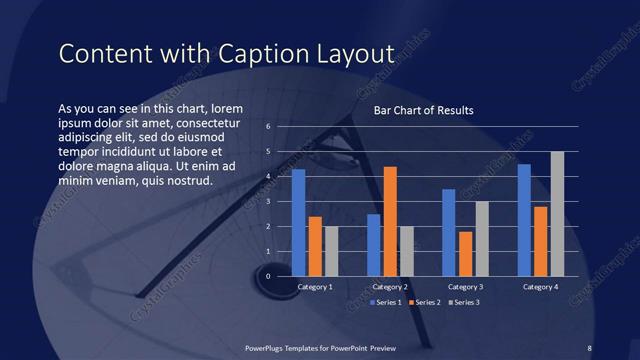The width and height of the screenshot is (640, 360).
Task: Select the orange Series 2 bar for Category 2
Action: click(390, 221)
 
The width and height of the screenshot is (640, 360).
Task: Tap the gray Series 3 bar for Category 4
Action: click(557, 213)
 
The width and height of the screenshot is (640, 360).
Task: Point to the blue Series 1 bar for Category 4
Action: click(524, 219)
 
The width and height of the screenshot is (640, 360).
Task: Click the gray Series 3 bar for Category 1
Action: click(331, 251)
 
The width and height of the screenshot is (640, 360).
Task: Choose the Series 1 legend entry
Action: click(388, 301)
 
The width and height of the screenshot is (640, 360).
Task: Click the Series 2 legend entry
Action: click(425, 301)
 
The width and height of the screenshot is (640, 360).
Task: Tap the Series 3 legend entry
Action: click(463, 301)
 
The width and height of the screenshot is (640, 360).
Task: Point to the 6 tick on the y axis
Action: click(269, 127)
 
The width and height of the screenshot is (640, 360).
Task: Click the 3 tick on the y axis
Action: click(269, 201)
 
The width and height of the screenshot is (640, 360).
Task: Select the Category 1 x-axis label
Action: click(315, 287)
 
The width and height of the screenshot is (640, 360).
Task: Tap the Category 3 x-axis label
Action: click(465, 287)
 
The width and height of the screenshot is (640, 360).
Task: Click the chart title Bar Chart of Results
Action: click(423, 110)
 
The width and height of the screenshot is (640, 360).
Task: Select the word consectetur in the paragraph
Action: click(203, 121)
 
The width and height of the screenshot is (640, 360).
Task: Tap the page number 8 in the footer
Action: click(589, 347)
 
